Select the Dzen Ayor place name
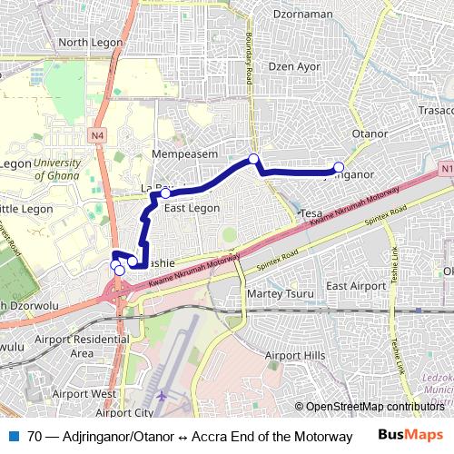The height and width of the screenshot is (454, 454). (295, 66)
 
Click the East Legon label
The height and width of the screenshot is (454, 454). (192, 208)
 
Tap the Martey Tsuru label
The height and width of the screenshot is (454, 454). (281, 295)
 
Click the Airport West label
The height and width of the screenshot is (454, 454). (84, 394)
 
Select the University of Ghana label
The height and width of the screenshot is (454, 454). (57, 169)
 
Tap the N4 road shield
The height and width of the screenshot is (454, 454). (98, 135)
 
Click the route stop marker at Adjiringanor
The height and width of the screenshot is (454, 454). (339, 167)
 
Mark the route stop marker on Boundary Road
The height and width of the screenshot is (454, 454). (254, 160)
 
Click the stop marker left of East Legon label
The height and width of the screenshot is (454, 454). (165, 193)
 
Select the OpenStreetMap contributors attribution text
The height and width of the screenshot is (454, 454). (374, 407)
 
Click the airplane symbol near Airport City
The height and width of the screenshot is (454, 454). (162, 396)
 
